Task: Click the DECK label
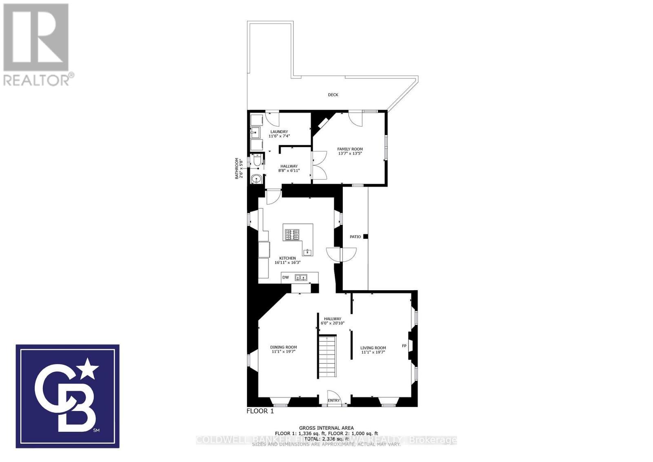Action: coord(333,95)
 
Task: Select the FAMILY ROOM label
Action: coord(350,149)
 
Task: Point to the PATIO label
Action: coord(355,237)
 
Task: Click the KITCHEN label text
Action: coord(287,258)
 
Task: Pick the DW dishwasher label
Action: coord(286,278)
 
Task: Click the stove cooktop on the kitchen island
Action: coord(292,235)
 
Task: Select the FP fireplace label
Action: coord(404,346)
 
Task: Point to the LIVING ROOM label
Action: coord(373,348)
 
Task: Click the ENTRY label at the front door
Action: coord(333,400)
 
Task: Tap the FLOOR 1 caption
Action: coord(260,411)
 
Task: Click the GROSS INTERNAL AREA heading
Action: coord(326,428)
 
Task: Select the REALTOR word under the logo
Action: coord(37,80)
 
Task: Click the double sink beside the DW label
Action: coord(301,278)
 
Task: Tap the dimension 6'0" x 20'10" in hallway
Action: coord(333,323)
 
